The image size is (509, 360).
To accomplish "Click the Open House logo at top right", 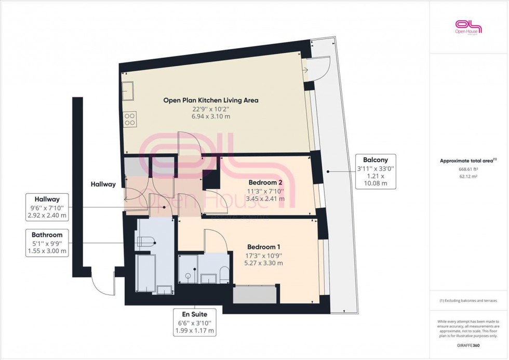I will point(468,27).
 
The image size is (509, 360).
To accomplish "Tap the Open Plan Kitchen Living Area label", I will point(210,100).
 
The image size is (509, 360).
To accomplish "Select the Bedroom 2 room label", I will point(265,182).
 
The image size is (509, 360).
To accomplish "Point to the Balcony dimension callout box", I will point(376,172).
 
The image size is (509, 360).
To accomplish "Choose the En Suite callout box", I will point(195,322).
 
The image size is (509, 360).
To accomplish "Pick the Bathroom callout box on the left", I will point(49,243).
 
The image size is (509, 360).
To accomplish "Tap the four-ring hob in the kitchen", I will point(130,120).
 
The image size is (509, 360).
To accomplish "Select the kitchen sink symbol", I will point(128,91).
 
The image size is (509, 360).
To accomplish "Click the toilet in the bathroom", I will point(145,241).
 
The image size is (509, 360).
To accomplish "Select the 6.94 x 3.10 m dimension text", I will point(210,117).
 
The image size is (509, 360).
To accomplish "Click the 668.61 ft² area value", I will point(468,169).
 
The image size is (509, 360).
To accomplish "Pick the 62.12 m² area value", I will point(468,177).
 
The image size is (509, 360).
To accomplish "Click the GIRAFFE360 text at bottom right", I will point(468,345).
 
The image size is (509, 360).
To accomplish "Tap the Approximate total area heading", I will point(468,161).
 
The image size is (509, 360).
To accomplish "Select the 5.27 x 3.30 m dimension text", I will point(264,263).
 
